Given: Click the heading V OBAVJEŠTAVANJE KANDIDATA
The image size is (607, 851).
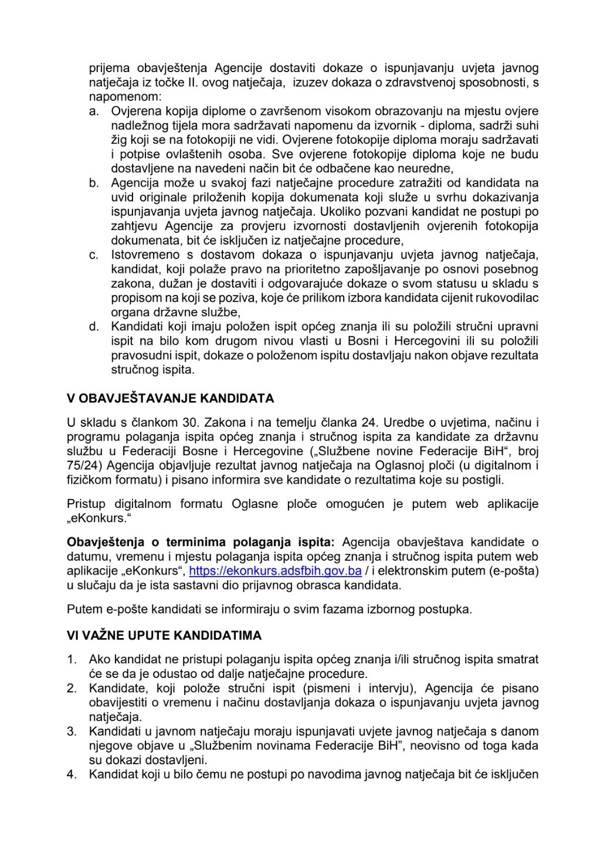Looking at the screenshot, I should (170, 399).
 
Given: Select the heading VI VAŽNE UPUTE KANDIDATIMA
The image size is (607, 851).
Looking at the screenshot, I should (164, 636).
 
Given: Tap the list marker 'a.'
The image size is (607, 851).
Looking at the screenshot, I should (94, 111).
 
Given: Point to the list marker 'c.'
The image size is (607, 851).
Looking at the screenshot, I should (94, 255).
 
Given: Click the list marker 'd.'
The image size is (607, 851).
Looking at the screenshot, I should (94, 327).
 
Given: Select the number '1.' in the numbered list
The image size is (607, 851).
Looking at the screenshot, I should (72, 660).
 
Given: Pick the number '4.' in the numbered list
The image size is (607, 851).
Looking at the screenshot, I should (72, 775).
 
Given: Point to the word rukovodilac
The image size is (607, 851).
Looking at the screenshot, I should (508, 298).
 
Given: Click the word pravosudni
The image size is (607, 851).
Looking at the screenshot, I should (137, 355).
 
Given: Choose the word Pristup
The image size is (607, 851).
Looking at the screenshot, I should (86, 504).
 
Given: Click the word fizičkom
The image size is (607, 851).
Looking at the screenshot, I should (88, 480).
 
